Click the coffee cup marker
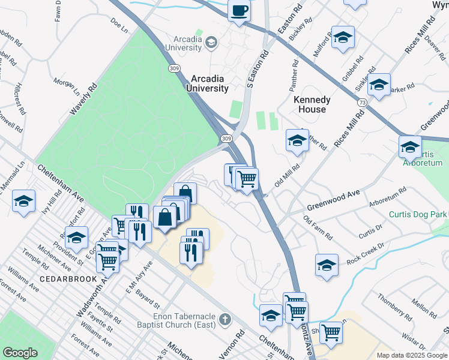(x=240, y=11)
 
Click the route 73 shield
(x=361, y=103)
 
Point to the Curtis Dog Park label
(x=418, y=214)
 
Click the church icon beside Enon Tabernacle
(x=225, y=319)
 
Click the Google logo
(x=20, y=353)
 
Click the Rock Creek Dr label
(x=364, y=255)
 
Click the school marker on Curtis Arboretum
(x=410, y=146)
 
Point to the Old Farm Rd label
(x=318, y=228)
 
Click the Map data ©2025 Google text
(x=412, y=355)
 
